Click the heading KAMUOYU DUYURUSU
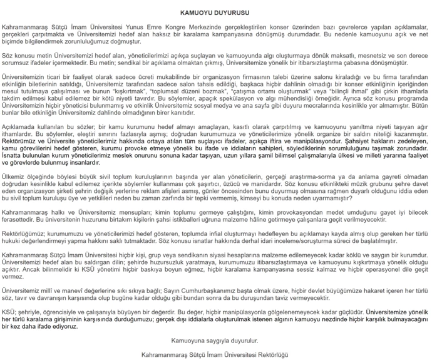pyautogui.click(x=215, y=13)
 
